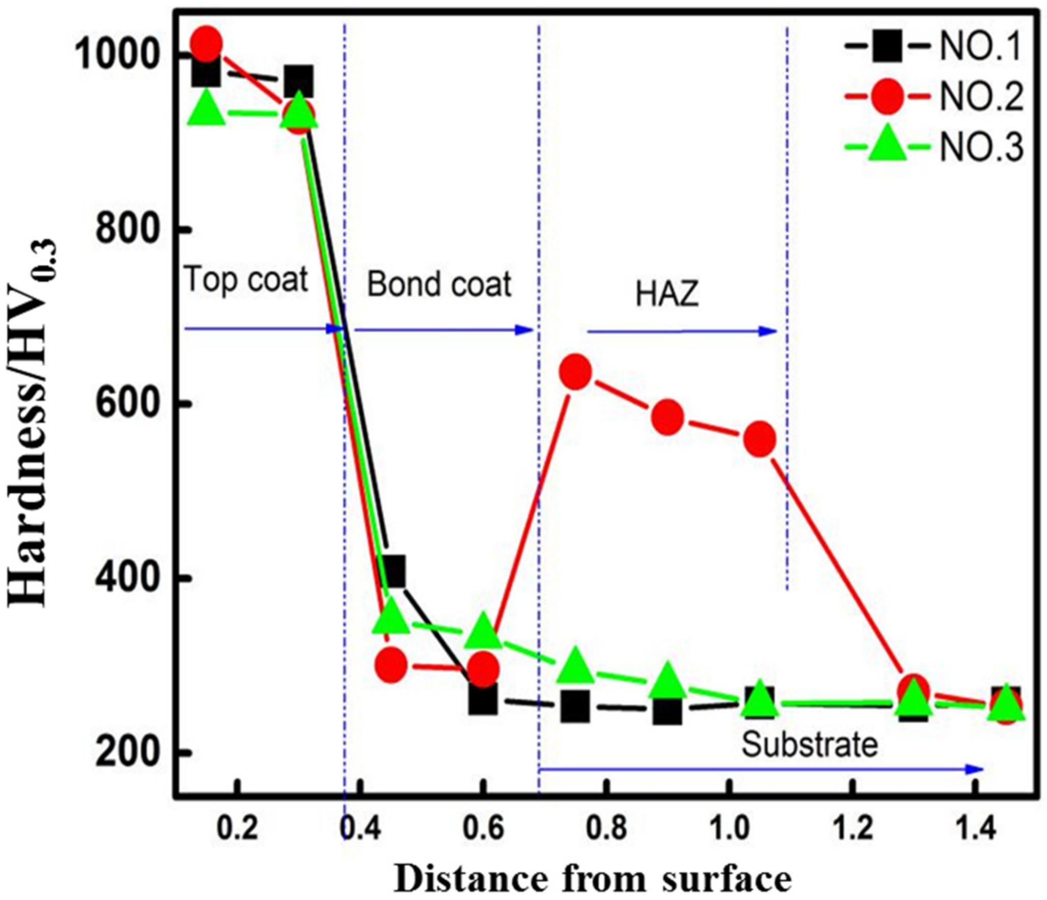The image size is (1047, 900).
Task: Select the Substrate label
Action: click(809, 745)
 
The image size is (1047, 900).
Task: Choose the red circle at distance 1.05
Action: click(760, 439)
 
